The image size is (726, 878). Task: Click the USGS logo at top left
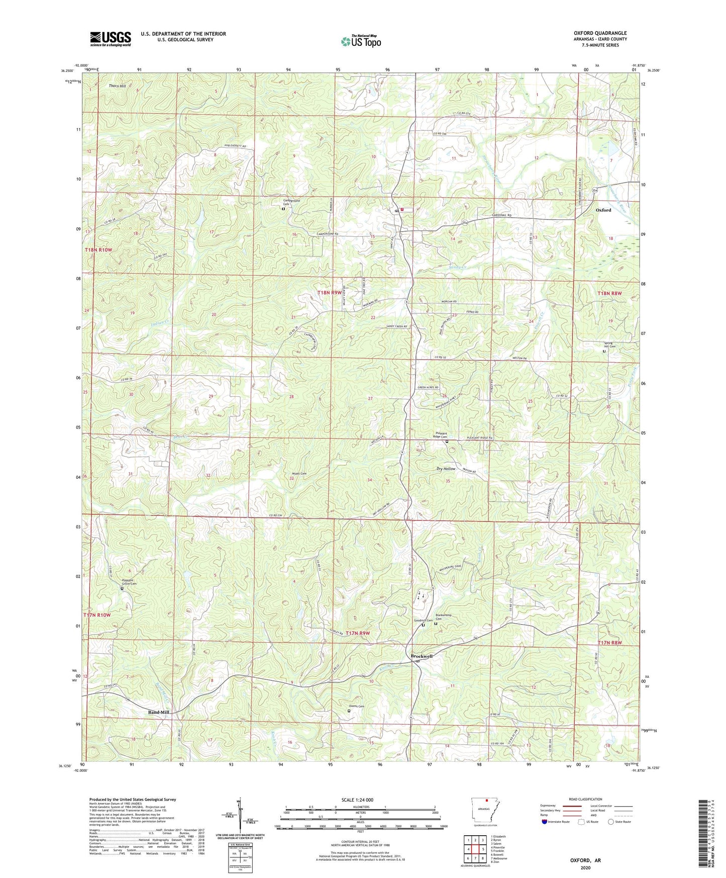[x=111, y=39]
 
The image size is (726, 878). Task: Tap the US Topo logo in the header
[x=361, y=41]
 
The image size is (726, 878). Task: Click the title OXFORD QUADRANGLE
[x=600, y=33]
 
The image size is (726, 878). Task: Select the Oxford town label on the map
[x=603, y=210]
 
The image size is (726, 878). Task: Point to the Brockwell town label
[x=421, y=656]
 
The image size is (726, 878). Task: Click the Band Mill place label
[x=158, y=713]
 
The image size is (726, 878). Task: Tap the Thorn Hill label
[x=118, y=86]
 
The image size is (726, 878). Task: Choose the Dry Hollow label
[x=446, y=469]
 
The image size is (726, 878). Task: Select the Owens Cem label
[x=356, y=707]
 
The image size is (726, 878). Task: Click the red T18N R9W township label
[x=329, y=292]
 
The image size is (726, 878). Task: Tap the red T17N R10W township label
[x=97, y=615]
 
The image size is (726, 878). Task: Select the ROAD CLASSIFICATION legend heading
[x=585, y=799]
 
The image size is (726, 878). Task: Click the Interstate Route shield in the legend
[x=546, y=822]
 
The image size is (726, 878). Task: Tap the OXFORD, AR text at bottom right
[x=585, y=860]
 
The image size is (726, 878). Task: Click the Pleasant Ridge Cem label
[x=440, y=435]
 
